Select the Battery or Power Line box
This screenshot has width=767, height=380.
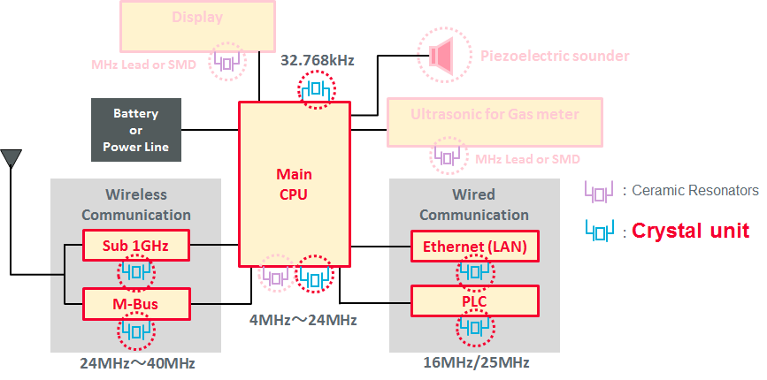[x=136, y=130]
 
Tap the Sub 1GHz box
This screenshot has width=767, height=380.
[x=137, y=246]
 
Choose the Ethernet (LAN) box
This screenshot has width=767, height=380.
[x=474, y=246]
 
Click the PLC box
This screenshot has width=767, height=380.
[x=474, y=301]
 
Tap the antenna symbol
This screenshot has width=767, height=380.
[x=12, y=159]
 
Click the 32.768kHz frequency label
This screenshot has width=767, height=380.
[x=317, y=61]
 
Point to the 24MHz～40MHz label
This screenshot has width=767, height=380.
[x=136, y=363]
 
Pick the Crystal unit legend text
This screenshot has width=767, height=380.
[x=691, y=231]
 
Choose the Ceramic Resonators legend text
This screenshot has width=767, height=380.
[x=699, y=190]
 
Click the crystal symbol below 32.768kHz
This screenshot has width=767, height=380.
[x=316, y=92]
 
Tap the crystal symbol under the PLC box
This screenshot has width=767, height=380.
[x=474, y=331]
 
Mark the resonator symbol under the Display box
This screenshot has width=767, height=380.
[x=227, y=62]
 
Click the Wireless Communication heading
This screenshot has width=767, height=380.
[x=136, y=204]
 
